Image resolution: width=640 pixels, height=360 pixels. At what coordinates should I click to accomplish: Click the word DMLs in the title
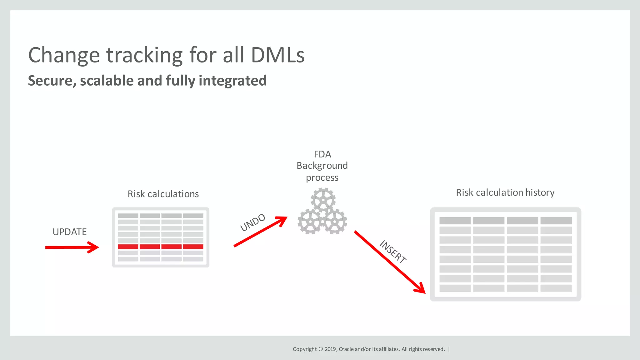click(x=277, y=55)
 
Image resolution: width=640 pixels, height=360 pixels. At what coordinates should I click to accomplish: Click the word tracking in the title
click(x=144, y=56)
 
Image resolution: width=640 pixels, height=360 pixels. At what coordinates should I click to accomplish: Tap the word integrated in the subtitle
click(x=232, y=81)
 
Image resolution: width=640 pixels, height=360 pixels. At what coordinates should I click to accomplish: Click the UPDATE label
click(x=69, y=232)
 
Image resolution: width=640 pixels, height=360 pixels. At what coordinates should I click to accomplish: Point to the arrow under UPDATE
click(x=72, y=247)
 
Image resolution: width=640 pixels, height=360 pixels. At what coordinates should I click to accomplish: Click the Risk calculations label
click(x=163, y=194)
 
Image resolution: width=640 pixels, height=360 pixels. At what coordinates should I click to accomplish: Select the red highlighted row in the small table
click(x=161, y=247)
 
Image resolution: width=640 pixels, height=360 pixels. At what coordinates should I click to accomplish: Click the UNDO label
click(x=252, y=222)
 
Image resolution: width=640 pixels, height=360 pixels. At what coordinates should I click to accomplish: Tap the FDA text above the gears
click(x=322, y=154)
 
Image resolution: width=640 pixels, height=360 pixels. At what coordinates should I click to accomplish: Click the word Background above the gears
click(x=322, y=166)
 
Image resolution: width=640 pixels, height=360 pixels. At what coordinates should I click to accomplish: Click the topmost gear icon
click(x=323, y=200)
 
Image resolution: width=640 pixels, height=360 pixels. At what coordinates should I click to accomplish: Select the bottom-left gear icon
click(x=310, y=222)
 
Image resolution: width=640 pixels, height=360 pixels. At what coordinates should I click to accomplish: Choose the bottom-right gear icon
click(x=335, y=222)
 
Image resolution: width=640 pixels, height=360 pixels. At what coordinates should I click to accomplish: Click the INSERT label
click(x=393, y=252)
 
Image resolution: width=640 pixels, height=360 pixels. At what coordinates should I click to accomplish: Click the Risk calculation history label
click(x=505, y=192)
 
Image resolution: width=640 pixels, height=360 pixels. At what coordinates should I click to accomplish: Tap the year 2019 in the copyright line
click(x=330, y=349)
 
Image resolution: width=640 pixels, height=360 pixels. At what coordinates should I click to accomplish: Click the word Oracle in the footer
click(x=346, y=349)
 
